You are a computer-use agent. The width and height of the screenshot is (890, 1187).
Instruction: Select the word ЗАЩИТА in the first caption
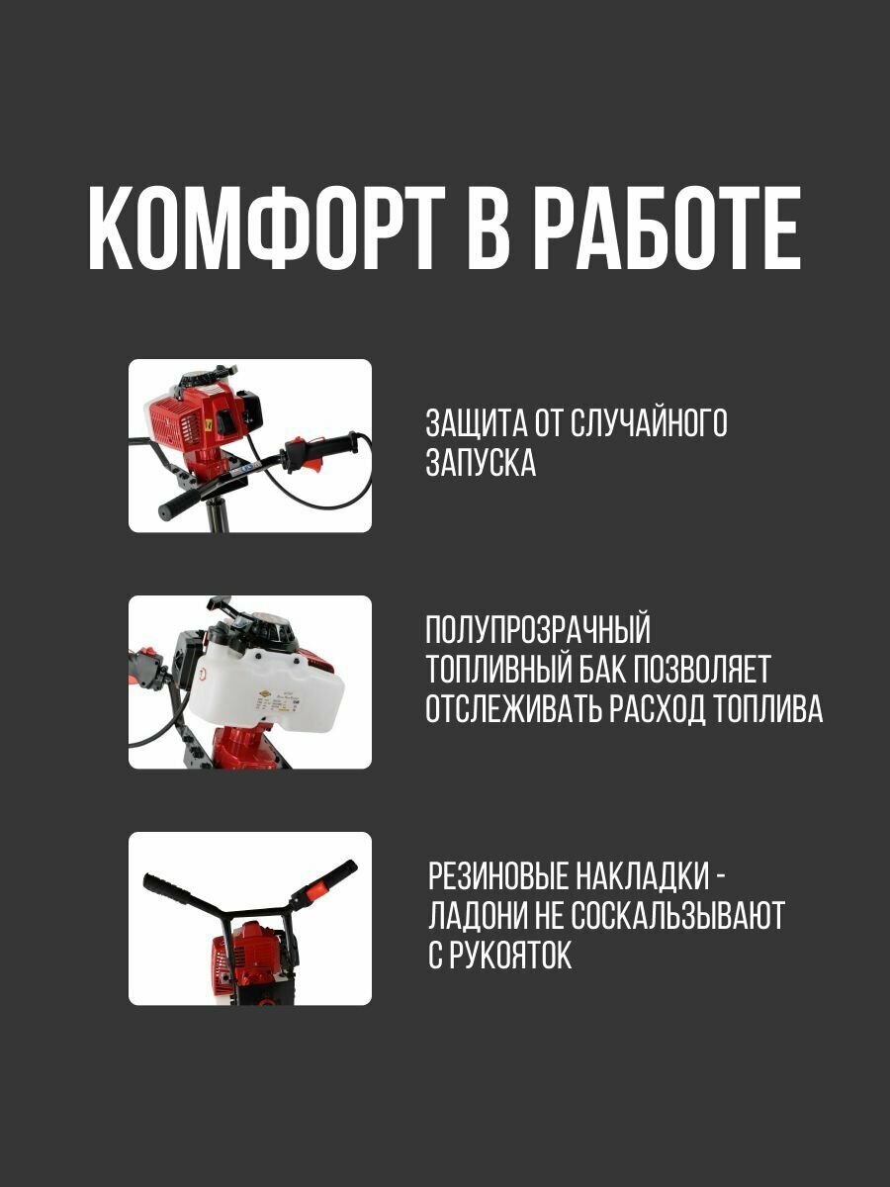click(x=477, y=423)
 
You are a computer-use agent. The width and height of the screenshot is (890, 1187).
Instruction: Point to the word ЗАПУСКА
click(x=481, y=463)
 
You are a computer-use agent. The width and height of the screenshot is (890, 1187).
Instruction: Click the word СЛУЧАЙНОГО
click(x=649, y=423)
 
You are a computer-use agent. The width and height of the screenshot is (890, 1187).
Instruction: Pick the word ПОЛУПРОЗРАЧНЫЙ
click(x=538, y=629)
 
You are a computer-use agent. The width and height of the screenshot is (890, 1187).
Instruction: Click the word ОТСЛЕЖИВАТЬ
click(x=513, y=708)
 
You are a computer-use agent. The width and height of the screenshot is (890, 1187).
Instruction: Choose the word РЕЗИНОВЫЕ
click(x=496, y=876)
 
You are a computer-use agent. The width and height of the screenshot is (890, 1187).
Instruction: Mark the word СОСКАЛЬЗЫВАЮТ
click(x=677, y=915)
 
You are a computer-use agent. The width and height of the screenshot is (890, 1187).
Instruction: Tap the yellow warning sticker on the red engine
click(x=208, y=424)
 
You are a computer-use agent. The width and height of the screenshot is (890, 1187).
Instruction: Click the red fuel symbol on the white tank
click(x=202, y=675)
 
